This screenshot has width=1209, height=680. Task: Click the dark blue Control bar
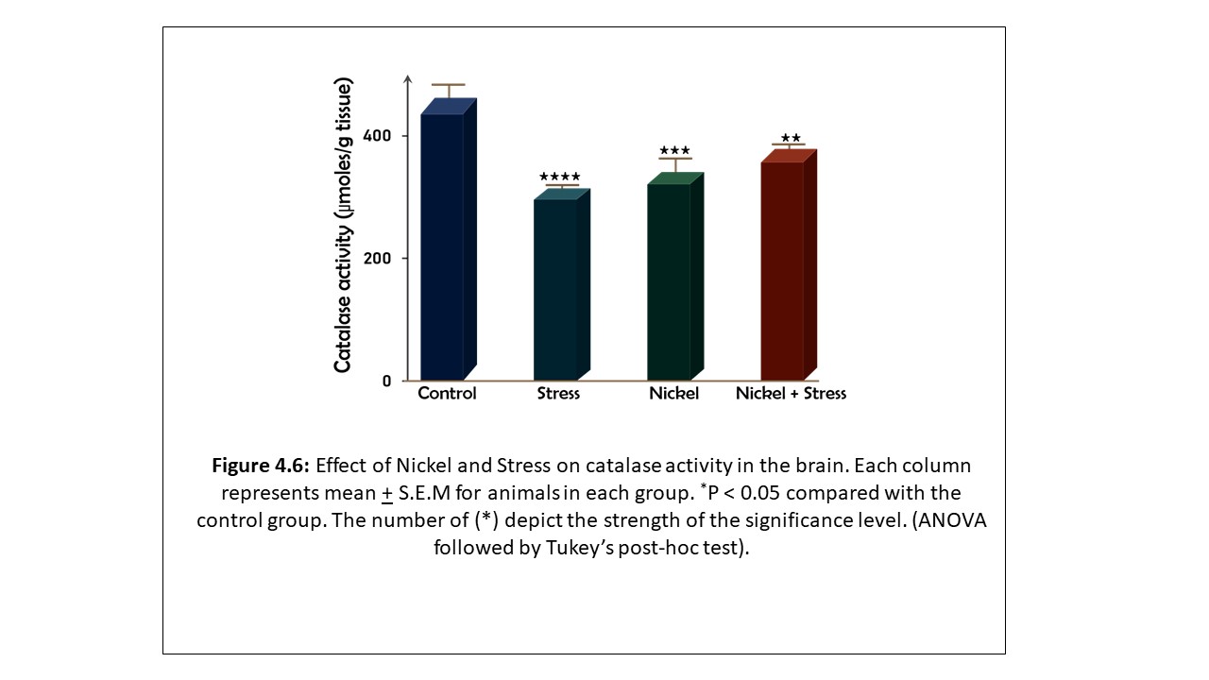[441, 246]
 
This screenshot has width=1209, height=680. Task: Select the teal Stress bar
[555, 288]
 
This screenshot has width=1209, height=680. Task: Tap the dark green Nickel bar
[669, 280]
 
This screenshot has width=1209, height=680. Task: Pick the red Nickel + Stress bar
[782, 270]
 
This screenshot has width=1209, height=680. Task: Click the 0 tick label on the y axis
[387, 382]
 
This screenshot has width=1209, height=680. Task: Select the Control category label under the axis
[447, 394]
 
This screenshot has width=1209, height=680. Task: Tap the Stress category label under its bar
[558, 394]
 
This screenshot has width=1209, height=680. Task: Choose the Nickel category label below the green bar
[673, 394]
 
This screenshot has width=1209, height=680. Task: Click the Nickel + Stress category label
[791, 394]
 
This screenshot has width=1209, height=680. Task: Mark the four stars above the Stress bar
[560, 177]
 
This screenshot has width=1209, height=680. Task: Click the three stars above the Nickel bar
[675, 150]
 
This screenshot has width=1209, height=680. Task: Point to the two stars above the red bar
[791, 139]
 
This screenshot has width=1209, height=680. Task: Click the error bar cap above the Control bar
[448, 85]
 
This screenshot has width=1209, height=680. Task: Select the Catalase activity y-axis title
[344, 227]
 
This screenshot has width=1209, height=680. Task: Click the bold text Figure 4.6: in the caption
[261, 466]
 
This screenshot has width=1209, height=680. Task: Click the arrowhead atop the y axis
[407, 77]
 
